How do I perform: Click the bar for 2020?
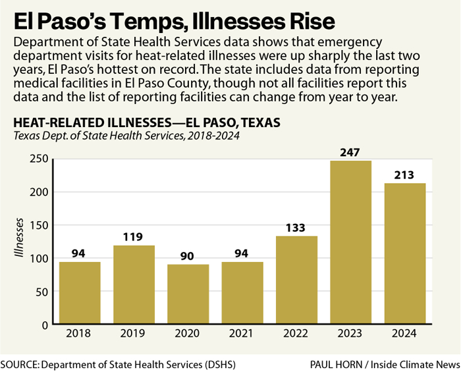(188, 294)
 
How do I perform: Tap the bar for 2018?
(80, 293)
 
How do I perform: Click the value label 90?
(188, 256)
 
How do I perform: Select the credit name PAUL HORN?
(342, 363)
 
